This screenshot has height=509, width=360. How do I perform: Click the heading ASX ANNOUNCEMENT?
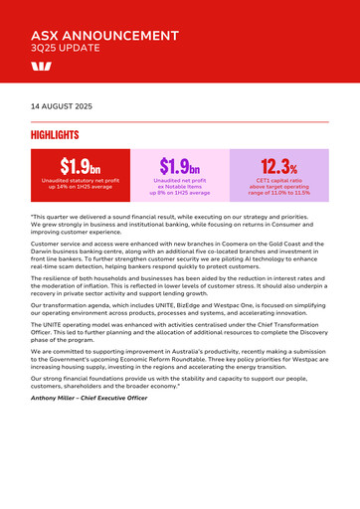pyautogui.click(x=104, y=35)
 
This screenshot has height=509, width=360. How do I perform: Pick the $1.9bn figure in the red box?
pyautogui.click(x=81, y=165)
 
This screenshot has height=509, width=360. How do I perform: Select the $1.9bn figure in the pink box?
pyautogui.click(x=180, y=165)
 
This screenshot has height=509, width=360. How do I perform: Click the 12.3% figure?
pyautogui.click(x=279, y=165)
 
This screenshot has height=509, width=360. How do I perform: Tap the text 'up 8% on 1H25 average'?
pyautogui.click(x=180, y=193)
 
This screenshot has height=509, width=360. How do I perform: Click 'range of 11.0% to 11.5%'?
pyautogui.click(x=279, y=193)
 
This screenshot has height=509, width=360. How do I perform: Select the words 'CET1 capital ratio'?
pyautogui.click(x=279, y=180)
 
